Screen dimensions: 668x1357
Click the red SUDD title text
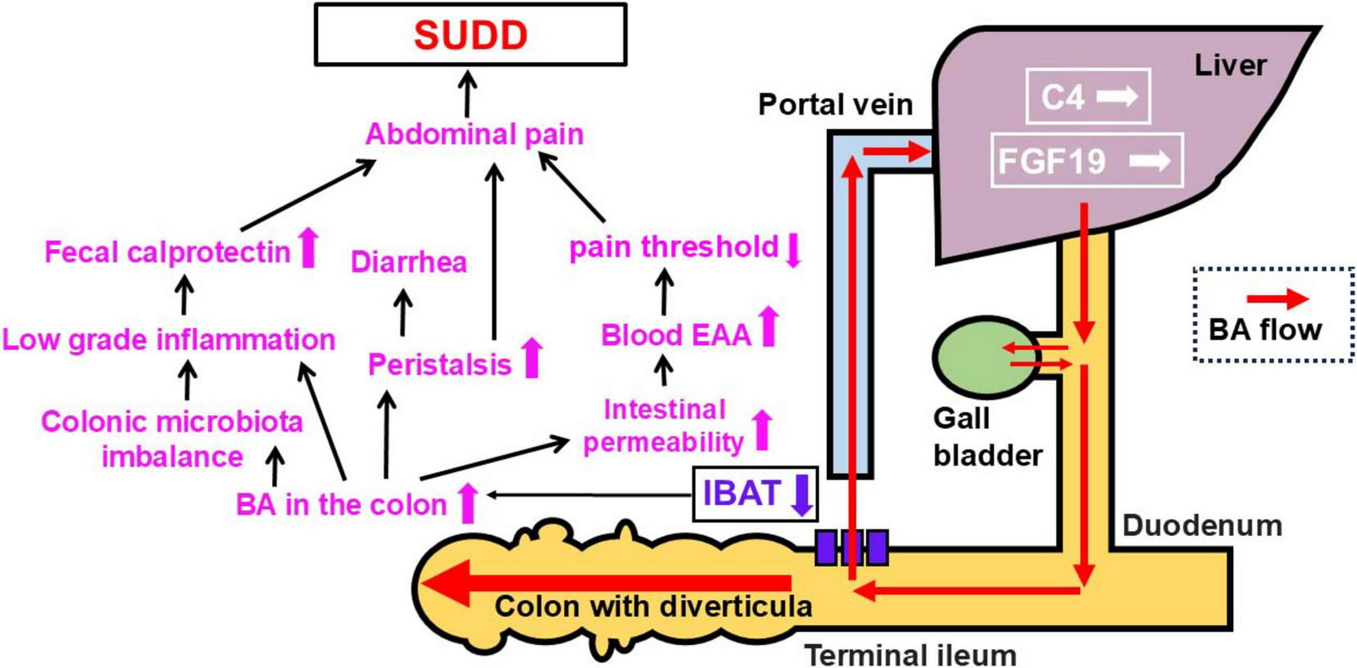click(470, 35)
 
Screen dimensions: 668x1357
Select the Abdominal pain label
click(474, 134)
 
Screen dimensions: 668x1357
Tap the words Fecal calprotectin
click(167, 252)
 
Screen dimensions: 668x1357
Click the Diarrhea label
click(408, 262)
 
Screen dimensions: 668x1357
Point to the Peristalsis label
click(439, 364)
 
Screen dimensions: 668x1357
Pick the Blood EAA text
click(675, 334)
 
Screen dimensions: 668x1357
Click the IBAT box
click(742, 493)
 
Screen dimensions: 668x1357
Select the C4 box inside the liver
click(1087, 97)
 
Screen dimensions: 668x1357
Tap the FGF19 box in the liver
click(1086, 161)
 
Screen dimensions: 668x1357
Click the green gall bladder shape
click(975, 356)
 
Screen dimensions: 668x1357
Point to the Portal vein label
click(834, 104)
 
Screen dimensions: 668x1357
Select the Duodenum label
click(1201, 525)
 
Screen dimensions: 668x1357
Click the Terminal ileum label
click(910, 655)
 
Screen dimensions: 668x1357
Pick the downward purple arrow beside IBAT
click(802, 494)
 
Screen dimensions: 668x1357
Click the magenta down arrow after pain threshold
click(792, 250)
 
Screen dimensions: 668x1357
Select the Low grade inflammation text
click(168, 339)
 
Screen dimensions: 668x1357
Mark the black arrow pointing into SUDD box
click(467, 93)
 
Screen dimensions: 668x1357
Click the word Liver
click(1229, 65)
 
